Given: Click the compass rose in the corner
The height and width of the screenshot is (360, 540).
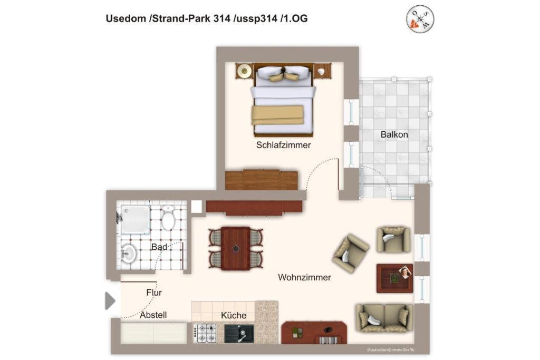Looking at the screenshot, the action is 420,19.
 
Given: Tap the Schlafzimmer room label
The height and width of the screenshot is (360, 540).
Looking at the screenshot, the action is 283,145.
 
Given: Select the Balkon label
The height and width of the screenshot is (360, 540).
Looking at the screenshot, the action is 394,134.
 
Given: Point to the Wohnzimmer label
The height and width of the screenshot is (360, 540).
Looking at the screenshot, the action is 304,277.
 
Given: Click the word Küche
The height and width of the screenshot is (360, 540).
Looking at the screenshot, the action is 234,315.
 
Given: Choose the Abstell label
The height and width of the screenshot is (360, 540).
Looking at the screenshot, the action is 153,315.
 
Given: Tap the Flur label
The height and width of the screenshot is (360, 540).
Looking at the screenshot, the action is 154,293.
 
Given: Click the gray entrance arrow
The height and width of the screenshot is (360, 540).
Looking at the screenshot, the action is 110,301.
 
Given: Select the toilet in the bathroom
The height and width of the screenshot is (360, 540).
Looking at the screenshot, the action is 168,218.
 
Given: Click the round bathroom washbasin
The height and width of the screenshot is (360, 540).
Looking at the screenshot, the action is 129,254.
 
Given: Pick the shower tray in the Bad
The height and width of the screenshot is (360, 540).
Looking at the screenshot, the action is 135,220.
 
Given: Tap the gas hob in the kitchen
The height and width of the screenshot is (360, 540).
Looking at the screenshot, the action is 205,333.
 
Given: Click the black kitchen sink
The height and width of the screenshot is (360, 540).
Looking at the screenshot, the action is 239,334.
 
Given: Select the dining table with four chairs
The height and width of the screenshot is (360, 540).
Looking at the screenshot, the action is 236,248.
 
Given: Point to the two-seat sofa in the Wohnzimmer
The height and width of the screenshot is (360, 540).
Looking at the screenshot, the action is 384,318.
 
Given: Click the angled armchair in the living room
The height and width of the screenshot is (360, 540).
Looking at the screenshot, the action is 351,254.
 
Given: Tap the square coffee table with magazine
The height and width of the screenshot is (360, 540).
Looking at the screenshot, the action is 394,278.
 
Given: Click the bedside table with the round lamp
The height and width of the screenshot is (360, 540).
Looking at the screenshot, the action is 245,71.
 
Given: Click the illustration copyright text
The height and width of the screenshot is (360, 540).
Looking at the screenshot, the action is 391,350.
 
